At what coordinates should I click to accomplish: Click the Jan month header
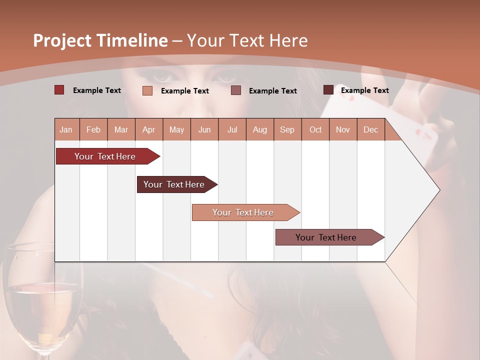(x=66, y=129)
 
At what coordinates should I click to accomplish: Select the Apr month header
(x=148, y=129)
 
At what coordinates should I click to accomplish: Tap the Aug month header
(x=259, y=129)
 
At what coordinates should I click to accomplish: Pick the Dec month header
(x=370, y=129)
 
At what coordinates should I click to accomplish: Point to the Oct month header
(x=315, y=129)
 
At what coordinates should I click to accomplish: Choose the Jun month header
(x=204, y=129)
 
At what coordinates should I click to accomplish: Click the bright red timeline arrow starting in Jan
(x=105, y=156)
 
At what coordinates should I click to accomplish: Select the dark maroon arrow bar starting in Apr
(x=174, y=184)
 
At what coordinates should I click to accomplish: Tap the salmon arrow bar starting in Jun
(x=243, y=212)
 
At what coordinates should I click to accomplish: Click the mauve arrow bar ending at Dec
(x=326, y=237)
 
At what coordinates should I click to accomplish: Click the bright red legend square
(x=59, y=90)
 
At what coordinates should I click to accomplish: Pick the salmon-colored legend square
(x=147, y=90)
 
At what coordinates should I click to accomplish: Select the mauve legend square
(x=236, y=90)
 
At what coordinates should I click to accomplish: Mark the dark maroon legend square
(x=328, y=90)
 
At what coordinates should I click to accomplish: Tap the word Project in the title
(x=62, y=40)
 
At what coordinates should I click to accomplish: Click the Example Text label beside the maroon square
(x=364, y=90)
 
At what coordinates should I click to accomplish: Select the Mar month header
(x=121, y=129)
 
